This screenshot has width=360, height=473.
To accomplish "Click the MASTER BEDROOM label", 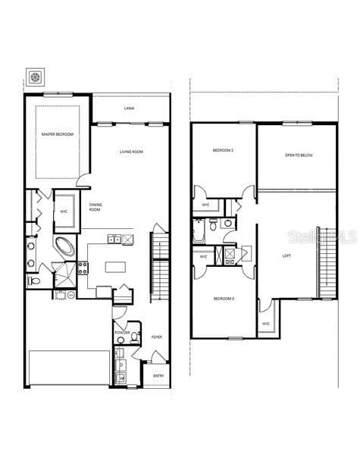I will point(58,134).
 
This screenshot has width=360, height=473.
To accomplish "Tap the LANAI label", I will point(130,108).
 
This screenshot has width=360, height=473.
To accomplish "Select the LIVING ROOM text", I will point(131,152).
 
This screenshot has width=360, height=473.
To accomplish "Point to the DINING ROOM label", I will point(95,207).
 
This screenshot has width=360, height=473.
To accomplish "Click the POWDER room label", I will point(123,333).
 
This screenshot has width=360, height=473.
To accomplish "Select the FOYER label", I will point(157,337).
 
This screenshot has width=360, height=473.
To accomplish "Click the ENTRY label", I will point(158,375).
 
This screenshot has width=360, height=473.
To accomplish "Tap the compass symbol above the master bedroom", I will point(36,77).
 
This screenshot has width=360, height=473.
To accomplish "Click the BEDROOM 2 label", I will point(223,151).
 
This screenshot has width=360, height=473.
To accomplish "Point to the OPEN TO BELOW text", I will point(299,155).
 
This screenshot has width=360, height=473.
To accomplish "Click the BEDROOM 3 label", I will point(224,299).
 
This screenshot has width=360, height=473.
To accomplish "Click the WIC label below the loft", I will point(266,324).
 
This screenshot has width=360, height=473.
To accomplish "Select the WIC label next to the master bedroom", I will point(64,211).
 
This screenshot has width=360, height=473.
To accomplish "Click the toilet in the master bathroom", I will point(33,281).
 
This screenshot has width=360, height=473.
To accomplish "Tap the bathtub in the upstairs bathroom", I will point(198,230).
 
